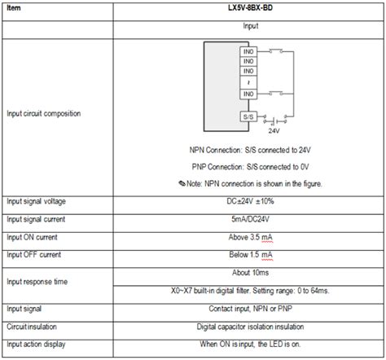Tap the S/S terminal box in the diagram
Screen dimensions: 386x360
coord(247,116)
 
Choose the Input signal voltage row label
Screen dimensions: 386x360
coord(37,200)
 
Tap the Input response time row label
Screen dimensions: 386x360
coord(37,282)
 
